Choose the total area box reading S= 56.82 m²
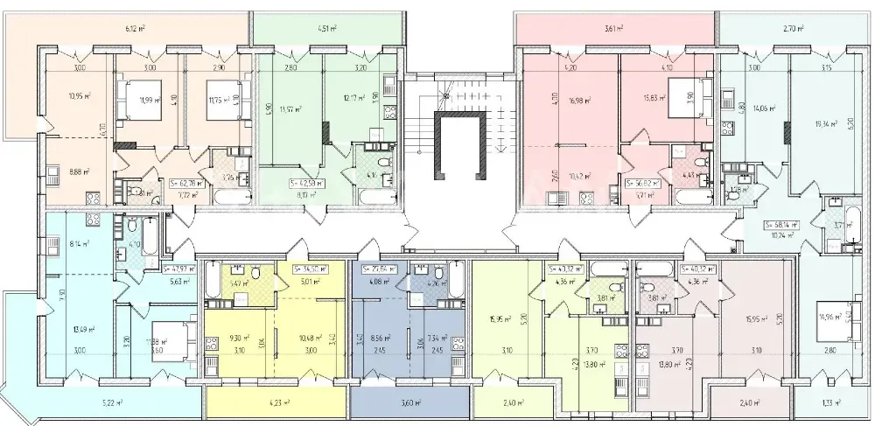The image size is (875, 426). [644, 184]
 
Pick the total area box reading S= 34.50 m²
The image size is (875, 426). [307, 269]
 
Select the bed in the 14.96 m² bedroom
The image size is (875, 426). [845, 319]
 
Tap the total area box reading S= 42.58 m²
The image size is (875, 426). [306, 184]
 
